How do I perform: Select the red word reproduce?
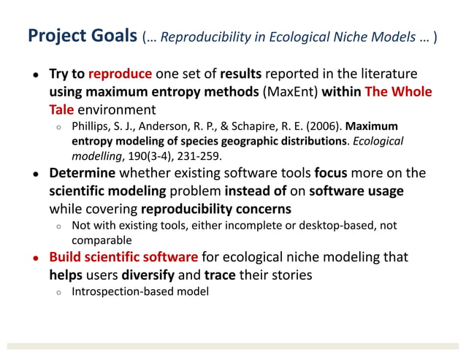pyautogui.click(x=121, y=74)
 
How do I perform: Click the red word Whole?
pyautogui.click(x=413, y=92)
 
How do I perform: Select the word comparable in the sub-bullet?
pyautogui.click(x=101, y=240)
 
